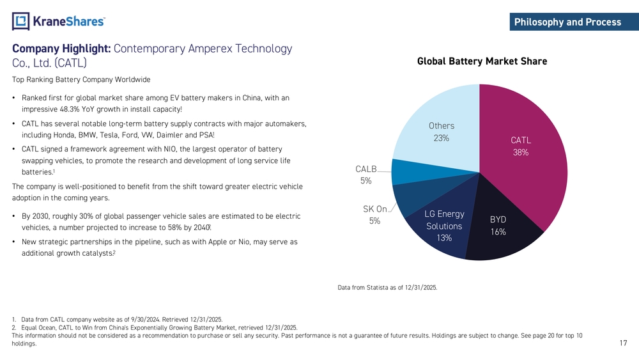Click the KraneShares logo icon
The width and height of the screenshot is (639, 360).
coord(20,21)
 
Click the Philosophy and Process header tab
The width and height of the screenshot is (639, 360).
coord(567,22)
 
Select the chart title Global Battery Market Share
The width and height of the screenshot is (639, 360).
coord(482,61)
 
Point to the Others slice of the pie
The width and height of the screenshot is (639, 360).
coord(441,121)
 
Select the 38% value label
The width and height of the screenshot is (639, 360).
coord(521,153)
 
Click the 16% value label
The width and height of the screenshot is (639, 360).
coord(498,232)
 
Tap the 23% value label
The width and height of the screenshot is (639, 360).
coord(441,138)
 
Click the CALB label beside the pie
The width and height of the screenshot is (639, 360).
coord(366,169)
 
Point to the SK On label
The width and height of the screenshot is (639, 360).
coord(374,209)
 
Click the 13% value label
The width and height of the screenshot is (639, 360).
coord(444,238)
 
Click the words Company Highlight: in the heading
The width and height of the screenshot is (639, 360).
coord(61,49)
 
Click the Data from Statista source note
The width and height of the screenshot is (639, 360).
coord(387,288)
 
